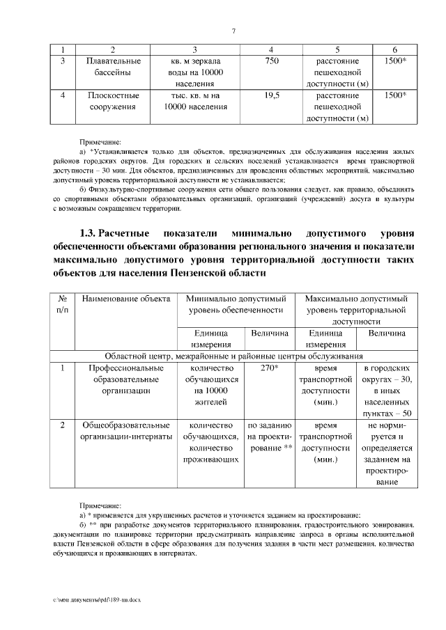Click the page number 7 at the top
[x=234, y=31]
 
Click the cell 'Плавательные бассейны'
[x=114, y=66]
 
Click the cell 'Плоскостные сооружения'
[x=114, y=101]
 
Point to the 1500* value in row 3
[x=395, y=61]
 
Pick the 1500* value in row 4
[x=395, y=95]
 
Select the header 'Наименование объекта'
[x=126, y=299]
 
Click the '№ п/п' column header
[x=62, y=304]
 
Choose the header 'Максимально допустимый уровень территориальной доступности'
[x=356, y=310]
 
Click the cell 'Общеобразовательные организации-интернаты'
[x=126, y=430]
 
